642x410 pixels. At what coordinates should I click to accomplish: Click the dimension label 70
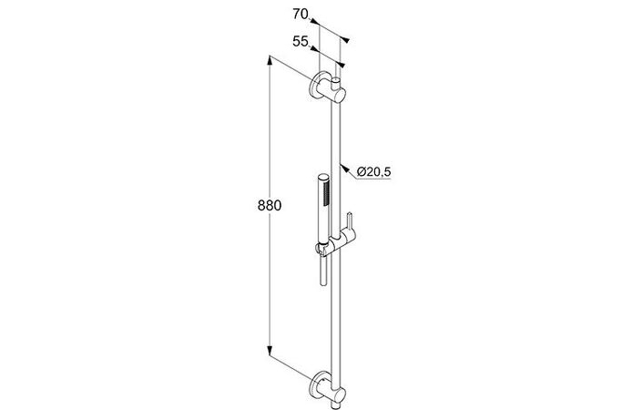pyautogui.click(x=301, y=14)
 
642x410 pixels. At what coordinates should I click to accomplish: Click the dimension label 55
pyautogui.click(x=301, y=41)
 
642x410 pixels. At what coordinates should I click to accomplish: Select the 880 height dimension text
pyautogui.click(x=270, y=205)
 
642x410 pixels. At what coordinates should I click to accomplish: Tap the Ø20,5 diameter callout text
pyautogui.click(x=373, y=172)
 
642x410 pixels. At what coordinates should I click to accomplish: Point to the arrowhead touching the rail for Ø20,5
pyautogui.click(x=344, y=168)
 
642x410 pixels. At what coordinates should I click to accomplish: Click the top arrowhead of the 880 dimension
pyautogui.click(x=270, y=60)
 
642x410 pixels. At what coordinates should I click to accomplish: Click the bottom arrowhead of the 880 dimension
pyautogui.click(x=270, y=351)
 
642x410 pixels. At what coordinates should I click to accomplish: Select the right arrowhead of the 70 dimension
pyautogui.click(x=345, y=40)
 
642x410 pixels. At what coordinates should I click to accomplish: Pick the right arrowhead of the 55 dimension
pyautogui.click(x=341, y=65)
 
